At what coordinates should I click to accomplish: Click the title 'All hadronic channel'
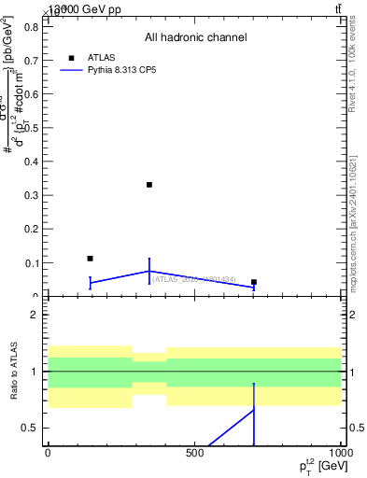click(x=195, y=38)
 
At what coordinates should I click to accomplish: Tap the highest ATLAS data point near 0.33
click(x=149, y=185)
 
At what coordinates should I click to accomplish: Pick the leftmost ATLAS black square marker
click(x=90, y=259)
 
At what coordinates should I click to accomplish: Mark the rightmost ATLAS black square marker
click(x=254, y=282)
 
